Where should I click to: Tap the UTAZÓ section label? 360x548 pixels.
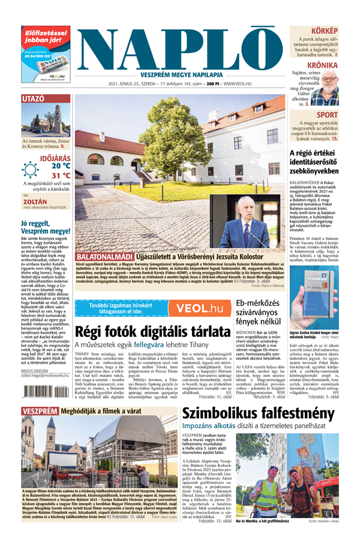click(33, 98)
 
